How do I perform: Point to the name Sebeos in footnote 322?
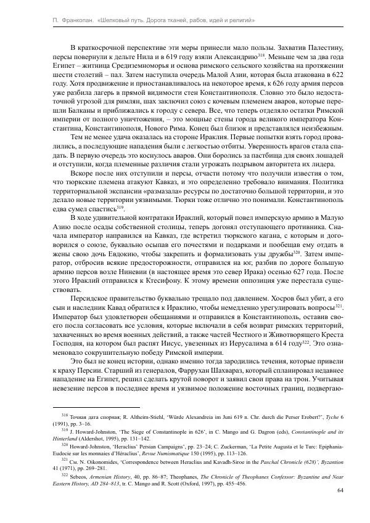pyautogui.click(x=77, y=477)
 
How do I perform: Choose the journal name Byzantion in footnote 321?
pyautogui.click(x=331, y=463)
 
